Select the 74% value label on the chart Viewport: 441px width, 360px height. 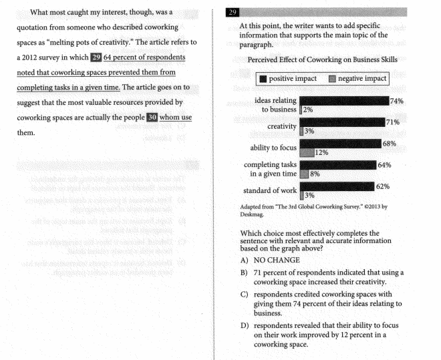(398, 101)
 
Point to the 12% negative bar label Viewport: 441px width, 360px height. (321, 152)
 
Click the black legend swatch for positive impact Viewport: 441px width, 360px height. (263, 79)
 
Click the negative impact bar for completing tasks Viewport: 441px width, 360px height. (304, 174)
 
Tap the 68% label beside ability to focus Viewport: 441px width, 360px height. (389, 144)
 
